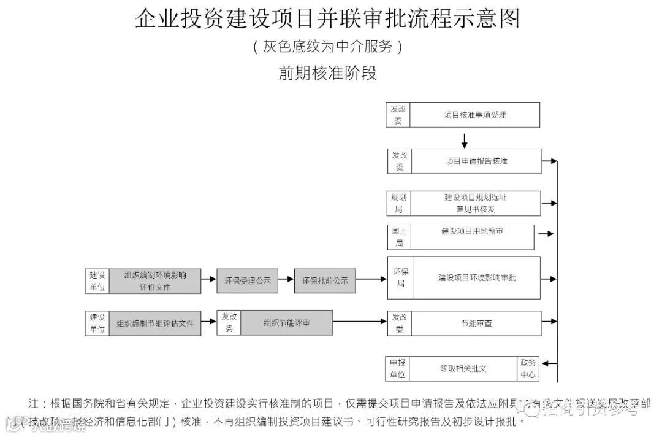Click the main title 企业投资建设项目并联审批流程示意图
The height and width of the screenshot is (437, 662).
327,19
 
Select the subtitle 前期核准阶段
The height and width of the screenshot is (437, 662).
327,74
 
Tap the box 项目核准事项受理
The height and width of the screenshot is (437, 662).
475,115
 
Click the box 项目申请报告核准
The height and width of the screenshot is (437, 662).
476,161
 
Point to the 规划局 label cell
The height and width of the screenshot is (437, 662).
398,203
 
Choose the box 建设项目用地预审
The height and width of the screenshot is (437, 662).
472,237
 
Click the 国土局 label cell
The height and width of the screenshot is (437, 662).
398,237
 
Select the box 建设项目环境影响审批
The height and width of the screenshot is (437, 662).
477,277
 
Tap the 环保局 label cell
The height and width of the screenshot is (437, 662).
400,277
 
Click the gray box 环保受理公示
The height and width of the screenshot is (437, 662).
247,280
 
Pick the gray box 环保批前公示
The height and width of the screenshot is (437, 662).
324,280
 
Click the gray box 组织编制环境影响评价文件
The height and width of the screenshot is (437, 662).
154,280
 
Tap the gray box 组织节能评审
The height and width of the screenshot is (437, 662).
286,323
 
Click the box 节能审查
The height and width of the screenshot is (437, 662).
476,323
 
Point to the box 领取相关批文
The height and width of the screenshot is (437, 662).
463,368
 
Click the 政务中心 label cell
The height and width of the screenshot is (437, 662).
528,368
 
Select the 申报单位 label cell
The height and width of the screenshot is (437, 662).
397,368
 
